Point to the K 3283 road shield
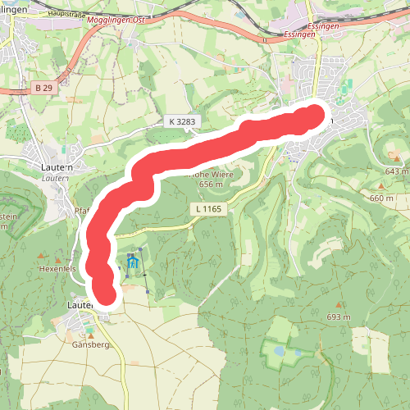coord(181,121)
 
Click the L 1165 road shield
coord(210,210)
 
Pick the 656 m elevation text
coord(212,184)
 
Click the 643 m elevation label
coord(395,171)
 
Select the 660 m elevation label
coord(381,198)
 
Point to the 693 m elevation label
coord(338,317)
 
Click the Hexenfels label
coord(57,268)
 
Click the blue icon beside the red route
coord(133,264)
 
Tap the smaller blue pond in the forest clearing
coord(298,353)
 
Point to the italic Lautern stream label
coord(54,177)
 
